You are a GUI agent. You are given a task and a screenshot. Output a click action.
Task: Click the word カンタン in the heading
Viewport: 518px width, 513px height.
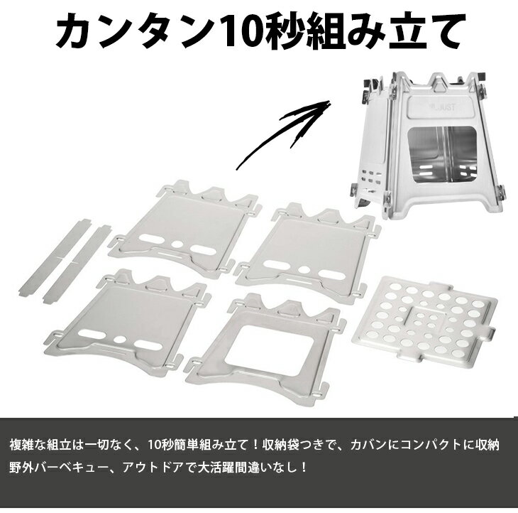tap(135, 32)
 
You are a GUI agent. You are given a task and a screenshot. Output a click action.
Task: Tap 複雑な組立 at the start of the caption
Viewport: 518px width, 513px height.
tap(43, 445)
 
